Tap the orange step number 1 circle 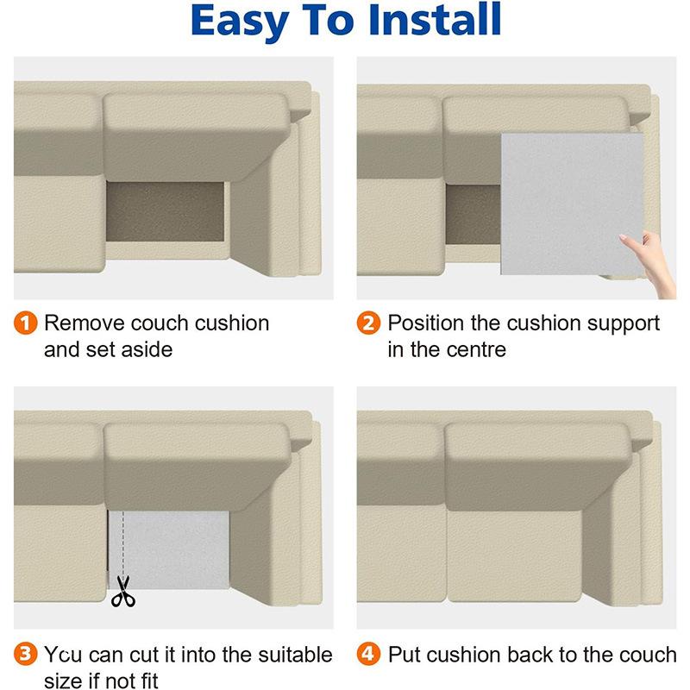pyautogui.click(x=28, y=323)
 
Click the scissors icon pyautogui.click(x=123, y=592)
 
